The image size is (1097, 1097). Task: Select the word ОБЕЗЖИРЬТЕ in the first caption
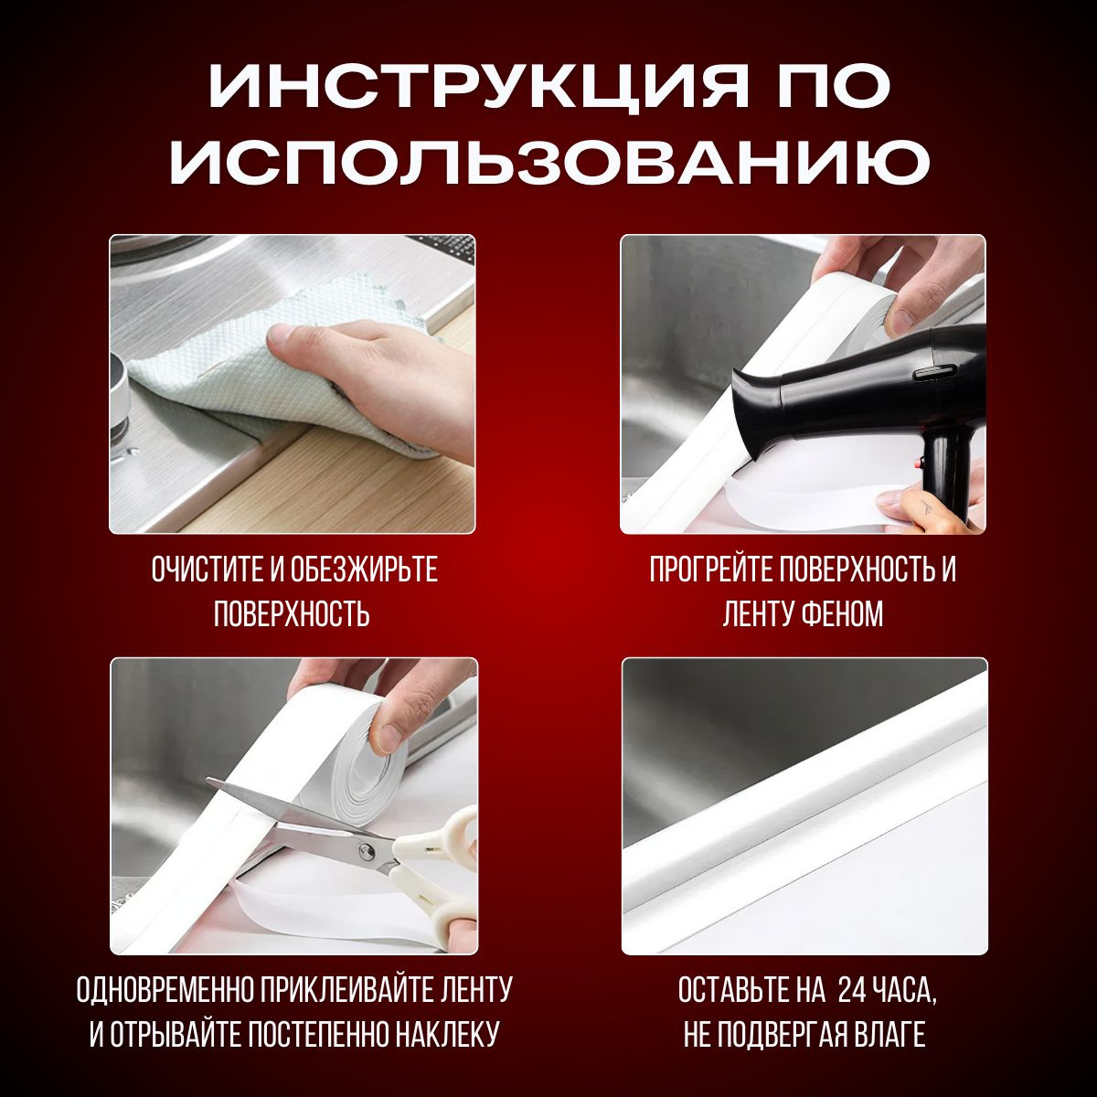point(365,570)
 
